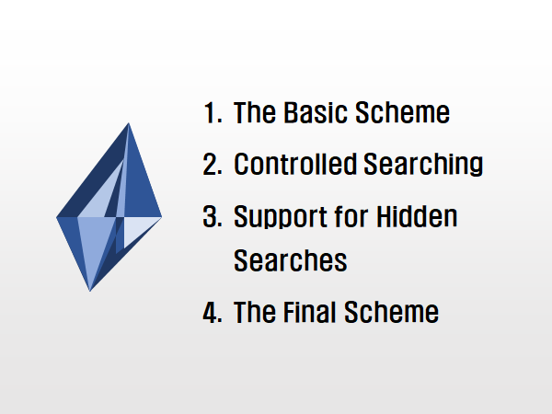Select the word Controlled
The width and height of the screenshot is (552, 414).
tap(295, 164)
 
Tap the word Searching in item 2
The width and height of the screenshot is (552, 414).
tap(423, 165)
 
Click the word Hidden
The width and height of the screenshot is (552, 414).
tap(417, 216)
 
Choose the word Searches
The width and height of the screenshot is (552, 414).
tap(291, 260)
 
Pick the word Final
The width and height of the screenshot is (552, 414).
tap(310, 312)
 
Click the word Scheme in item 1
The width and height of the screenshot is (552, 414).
tap(402, 112)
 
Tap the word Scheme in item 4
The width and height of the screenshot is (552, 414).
tap(392, 312)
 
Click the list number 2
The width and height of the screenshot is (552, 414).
tap(213, 164)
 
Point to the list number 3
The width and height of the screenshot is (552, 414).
tap(213, 216)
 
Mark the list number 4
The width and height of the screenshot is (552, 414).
tap(213, 312)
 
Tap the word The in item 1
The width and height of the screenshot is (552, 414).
tap(255, 112)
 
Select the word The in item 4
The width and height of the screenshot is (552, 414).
tap(255, 312)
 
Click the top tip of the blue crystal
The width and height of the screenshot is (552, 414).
tap(129, 123)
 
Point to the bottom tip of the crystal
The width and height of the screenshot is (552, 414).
tap(90, 291)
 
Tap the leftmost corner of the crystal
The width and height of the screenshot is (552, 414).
tap(56, 217)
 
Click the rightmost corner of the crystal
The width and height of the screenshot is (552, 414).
tap(162, 217)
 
